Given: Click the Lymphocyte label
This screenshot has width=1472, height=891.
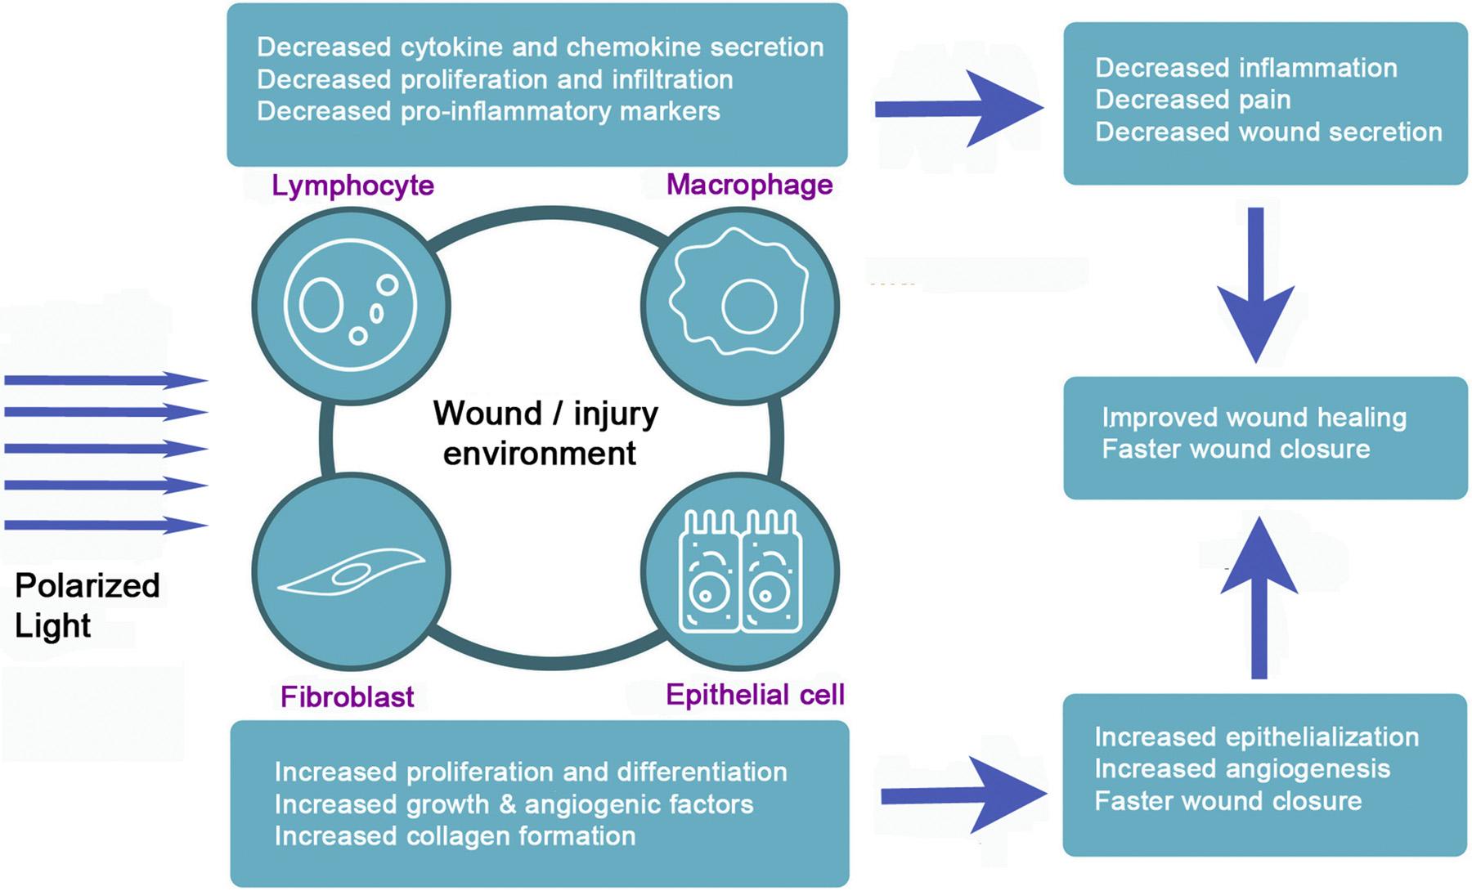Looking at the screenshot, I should [x=352, y=186].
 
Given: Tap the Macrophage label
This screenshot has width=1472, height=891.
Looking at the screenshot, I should [x=749, y=185].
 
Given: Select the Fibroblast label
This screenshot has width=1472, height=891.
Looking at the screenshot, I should [x=347, y=696].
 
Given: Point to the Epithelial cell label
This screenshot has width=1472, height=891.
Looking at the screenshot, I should [x=754, y=695].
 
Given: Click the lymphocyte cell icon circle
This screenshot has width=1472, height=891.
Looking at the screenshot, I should [x=351, y=306].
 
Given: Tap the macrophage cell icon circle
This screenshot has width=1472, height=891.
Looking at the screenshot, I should [x=740, y=306].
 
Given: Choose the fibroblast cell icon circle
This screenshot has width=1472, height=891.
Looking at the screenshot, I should [x=351, y=572].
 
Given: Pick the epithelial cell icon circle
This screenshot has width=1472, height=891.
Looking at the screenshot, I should [x=740, y=572].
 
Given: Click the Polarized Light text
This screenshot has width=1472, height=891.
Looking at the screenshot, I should [x=87, y=605].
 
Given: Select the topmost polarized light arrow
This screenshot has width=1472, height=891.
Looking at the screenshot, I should [x=106, y=380].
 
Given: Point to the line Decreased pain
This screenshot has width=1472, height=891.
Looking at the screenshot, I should [x=1192, y=100].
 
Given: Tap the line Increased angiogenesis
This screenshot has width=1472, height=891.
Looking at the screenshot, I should [x=1241, y=768].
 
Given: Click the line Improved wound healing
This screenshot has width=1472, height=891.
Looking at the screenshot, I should [x=1254, y=417].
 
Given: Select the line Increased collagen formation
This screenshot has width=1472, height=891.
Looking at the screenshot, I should [x=455, y=836].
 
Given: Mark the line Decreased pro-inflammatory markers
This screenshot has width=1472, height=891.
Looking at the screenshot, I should [x=488, y=111].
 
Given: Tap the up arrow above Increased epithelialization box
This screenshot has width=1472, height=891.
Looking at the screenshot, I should [x=1259, y=597].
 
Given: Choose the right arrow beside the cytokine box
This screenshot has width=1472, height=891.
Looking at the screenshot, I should [x=957, y=109].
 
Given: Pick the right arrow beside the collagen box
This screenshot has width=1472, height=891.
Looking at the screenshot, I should [x=962, y=795].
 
